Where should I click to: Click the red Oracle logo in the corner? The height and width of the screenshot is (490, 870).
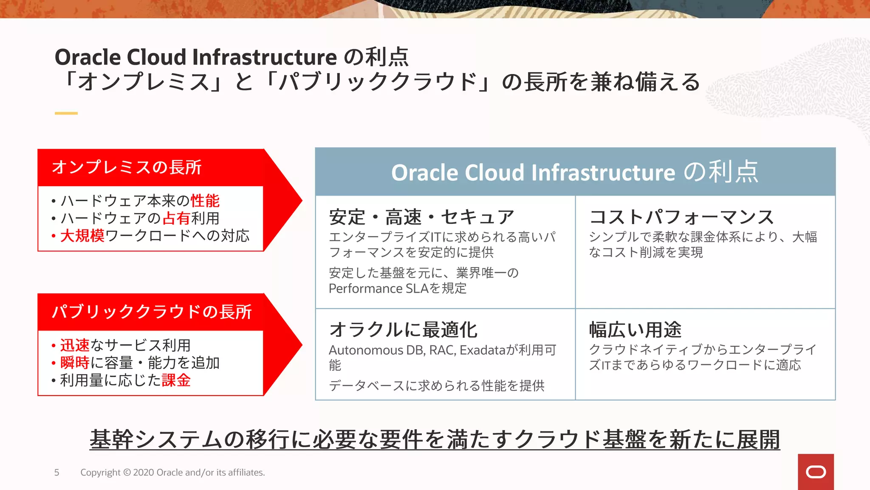coord(816,472)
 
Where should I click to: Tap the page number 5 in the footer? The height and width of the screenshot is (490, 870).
coord(56,473)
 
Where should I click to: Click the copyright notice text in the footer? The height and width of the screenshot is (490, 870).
coord(172,473)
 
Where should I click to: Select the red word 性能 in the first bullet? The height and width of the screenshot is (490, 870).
coord(205,201)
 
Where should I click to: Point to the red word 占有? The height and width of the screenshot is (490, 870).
coord(176,218)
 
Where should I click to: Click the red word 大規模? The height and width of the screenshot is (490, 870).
coord(82,236)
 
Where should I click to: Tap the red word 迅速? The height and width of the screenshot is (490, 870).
coord(75,345)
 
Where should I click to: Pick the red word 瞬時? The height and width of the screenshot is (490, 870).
coord(75,363)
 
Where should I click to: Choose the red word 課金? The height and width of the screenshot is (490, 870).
coord(176,380)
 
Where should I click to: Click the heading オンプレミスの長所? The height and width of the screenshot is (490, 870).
coord(127,167)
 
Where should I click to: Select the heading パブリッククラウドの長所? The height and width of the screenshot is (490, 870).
coord(152,312)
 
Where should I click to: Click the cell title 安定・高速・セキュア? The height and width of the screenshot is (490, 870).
coord(421,217)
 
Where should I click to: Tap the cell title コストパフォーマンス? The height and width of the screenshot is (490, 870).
coord(681,217)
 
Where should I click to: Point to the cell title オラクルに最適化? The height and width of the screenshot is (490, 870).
coord(403,330)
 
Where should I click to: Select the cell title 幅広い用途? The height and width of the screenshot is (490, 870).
coord(635,330)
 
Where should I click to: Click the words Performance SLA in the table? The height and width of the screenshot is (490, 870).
coord(378,288)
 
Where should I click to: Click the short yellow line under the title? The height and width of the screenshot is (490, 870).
coord(66,113)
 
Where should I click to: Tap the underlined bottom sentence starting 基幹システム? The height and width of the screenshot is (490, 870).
coord(435,439)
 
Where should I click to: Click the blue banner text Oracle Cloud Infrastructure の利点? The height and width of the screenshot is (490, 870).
coord(575,172)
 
